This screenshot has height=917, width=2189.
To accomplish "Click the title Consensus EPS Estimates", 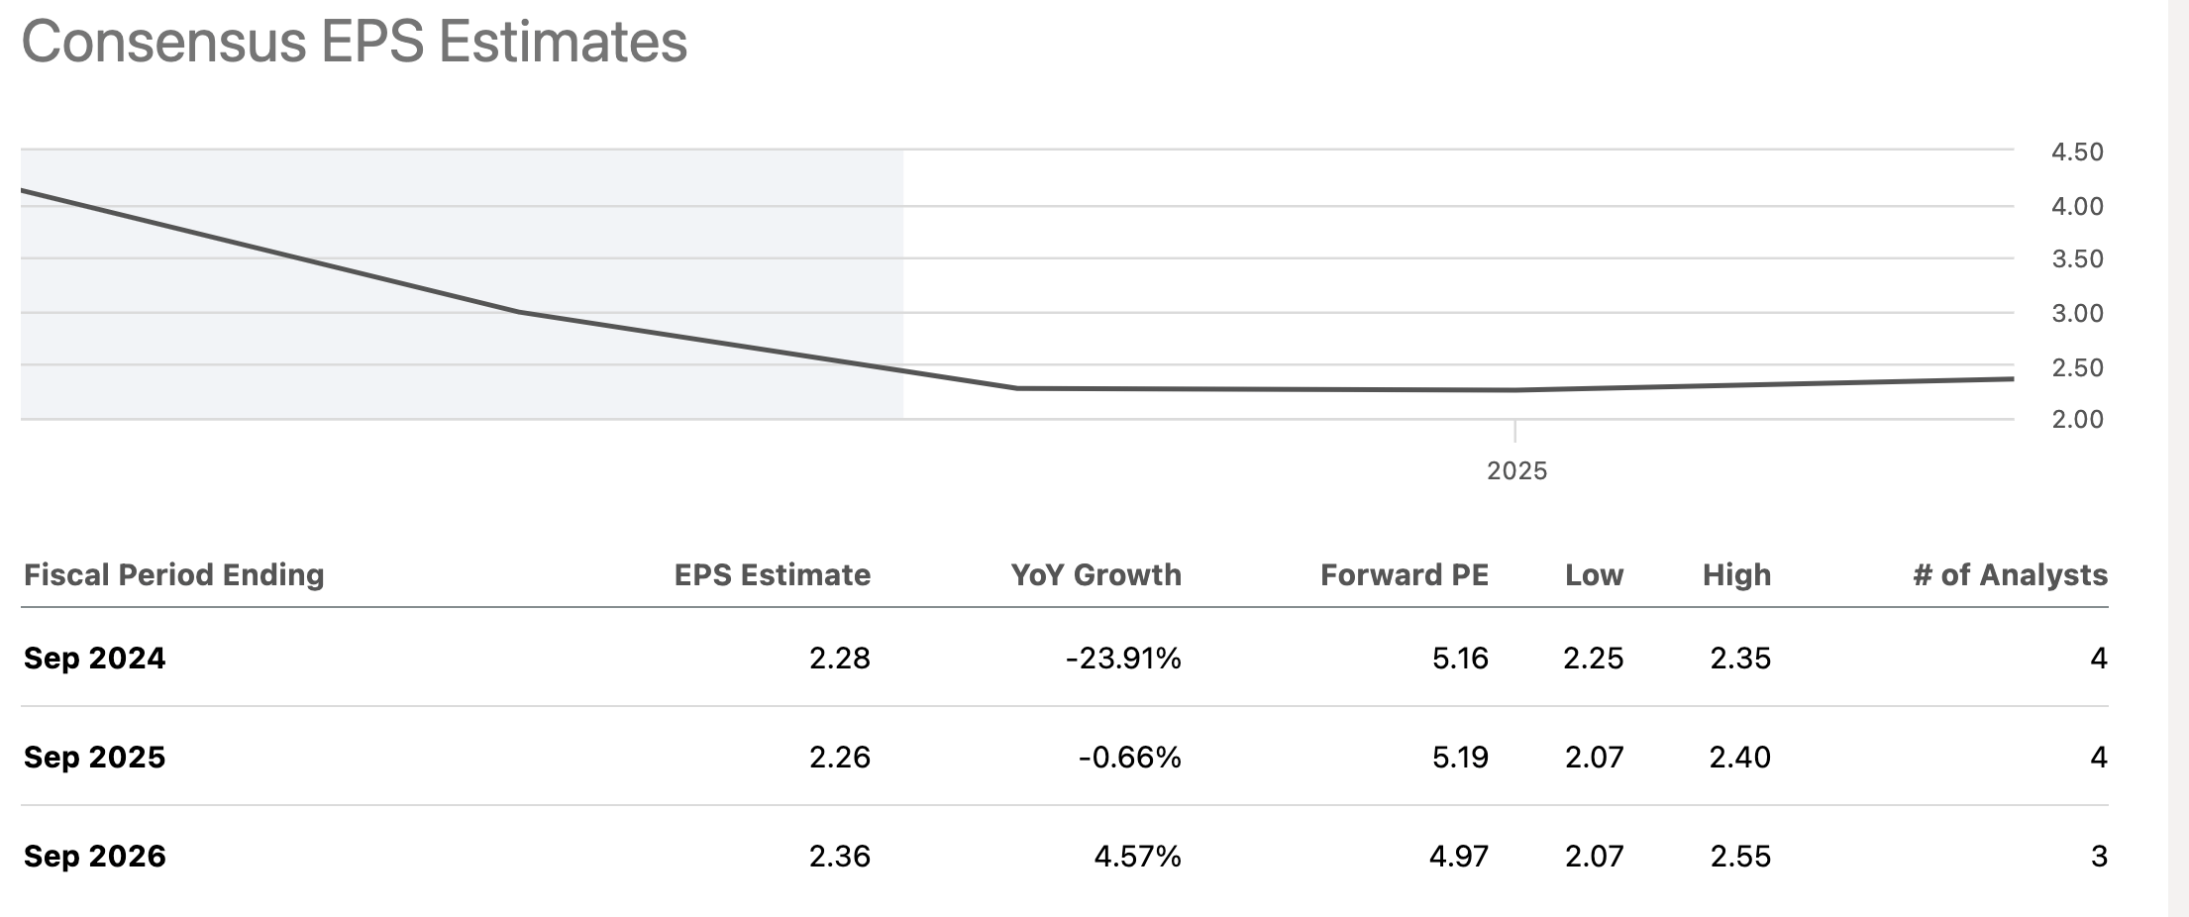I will pos(355,42).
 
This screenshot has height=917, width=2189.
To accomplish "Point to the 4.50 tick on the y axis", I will pos(2077,153).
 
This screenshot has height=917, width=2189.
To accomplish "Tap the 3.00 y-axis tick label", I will pos(2077,313).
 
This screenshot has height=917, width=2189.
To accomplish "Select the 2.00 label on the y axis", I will pos(2077,419).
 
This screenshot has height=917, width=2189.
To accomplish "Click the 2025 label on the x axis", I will pos(1516,470).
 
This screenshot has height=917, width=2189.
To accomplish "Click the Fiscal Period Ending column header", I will pos(174,574).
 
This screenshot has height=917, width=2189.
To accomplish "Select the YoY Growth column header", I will pos(1095,574).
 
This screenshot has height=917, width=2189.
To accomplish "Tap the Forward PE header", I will pos(1404,574).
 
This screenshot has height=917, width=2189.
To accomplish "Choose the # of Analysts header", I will pos(2010,574).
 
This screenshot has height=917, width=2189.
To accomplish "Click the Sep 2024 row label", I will pos(95,658).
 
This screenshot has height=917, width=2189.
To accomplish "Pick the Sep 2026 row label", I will pos(95,856).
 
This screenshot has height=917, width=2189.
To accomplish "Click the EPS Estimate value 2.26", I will pos(839,757).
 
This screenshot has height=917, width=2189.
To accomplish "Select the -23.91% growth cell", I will pos(1123,658).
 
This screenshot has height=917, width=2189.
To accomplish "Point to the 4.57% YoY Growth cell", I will pos(1137,856).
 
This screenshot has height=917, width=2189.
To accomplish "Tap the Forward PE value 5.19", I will pos(1460,757).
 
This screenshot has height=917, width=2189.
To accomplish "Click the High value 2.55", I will pos(1739,856).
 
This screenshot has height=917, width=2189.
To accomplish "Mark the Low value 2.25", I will pos(1593,658).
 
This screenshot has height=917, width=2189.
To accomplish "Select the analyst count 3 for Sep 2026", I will pos(2098,856).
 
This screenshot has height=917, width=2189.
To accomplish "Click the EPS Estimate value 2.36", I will pos(839,856).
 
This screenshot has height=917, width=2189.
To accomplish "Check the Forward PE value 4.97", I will pos(1458,856).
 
